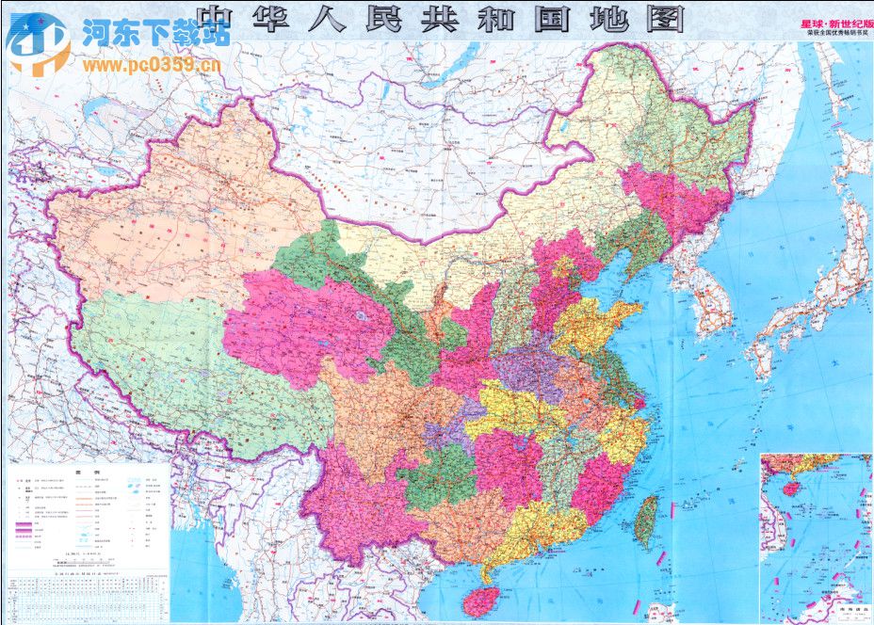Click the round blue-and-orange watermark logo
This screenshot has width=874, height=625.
(37, 43)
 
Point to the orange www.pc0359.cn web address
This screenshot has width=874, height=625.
(151, 65)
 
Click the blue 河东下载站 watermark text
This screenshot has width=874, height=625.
(155, 36)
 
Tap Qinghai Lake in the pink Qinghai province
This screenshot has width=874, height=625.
(360, 318)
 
